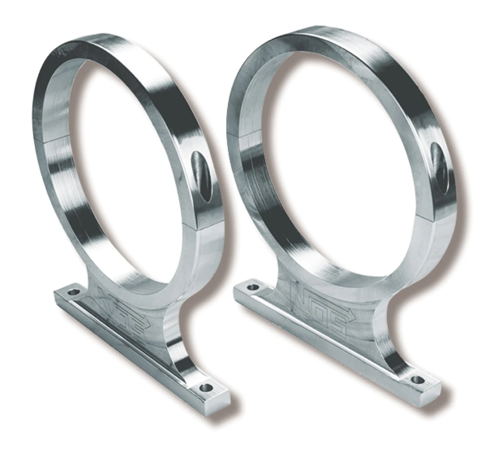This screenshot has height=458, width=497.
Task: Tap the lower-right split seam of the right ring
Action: (x=427, y=225)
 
